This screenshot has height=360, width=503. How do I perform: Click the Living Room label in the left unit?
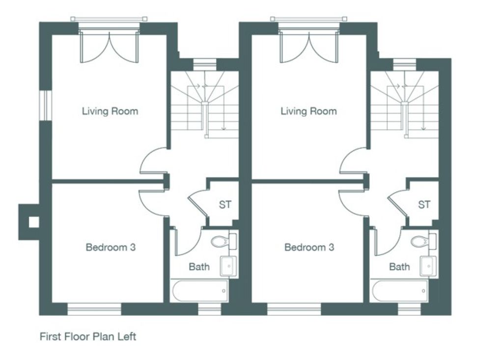[x=110, y=111]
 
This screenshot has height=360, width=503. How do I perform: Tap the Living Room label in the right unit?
[x=309, y=111]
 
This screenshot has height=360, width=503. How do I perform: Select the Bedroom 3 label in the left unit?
[x=111, y=248]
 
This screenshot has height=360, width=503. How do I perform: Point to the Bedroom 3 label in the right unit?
[x=309, y=248]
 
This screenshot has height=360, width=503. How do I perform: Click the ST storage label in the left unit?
[x=225, y=204]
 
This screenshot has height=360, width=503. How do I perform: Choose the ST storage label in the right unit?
[x=424, y=204]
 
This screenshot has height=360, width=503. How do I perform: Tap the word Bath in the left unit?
[x=199, y=267]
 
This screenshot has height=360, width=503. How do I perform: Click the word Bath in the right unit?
[x=399, y=267]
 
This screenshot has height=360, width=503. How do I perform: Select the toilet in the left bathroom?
[x=224, y=241]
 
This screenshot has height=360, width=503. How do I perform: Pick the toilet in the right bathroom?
[x=424, y=241]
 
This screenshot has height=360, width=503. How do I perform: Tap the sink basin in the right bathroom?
[x=428, y=266]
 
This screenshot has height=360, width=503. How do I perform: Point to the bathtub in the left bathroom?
[x=200, y=291]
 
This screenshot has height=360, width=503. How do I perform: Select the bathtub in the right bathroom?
[x=400, y=291]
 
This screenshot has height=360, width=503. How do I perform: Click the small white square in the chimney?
[x=34, y=222]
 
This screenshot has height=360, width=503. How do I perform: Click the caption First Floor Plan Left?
[x=88, y=336]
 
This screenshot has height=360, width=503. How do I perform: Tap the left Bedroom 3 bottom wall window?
[x=94, y=309]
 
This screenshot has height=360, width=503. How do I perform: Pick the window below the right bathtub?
[x=409, y=309]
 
